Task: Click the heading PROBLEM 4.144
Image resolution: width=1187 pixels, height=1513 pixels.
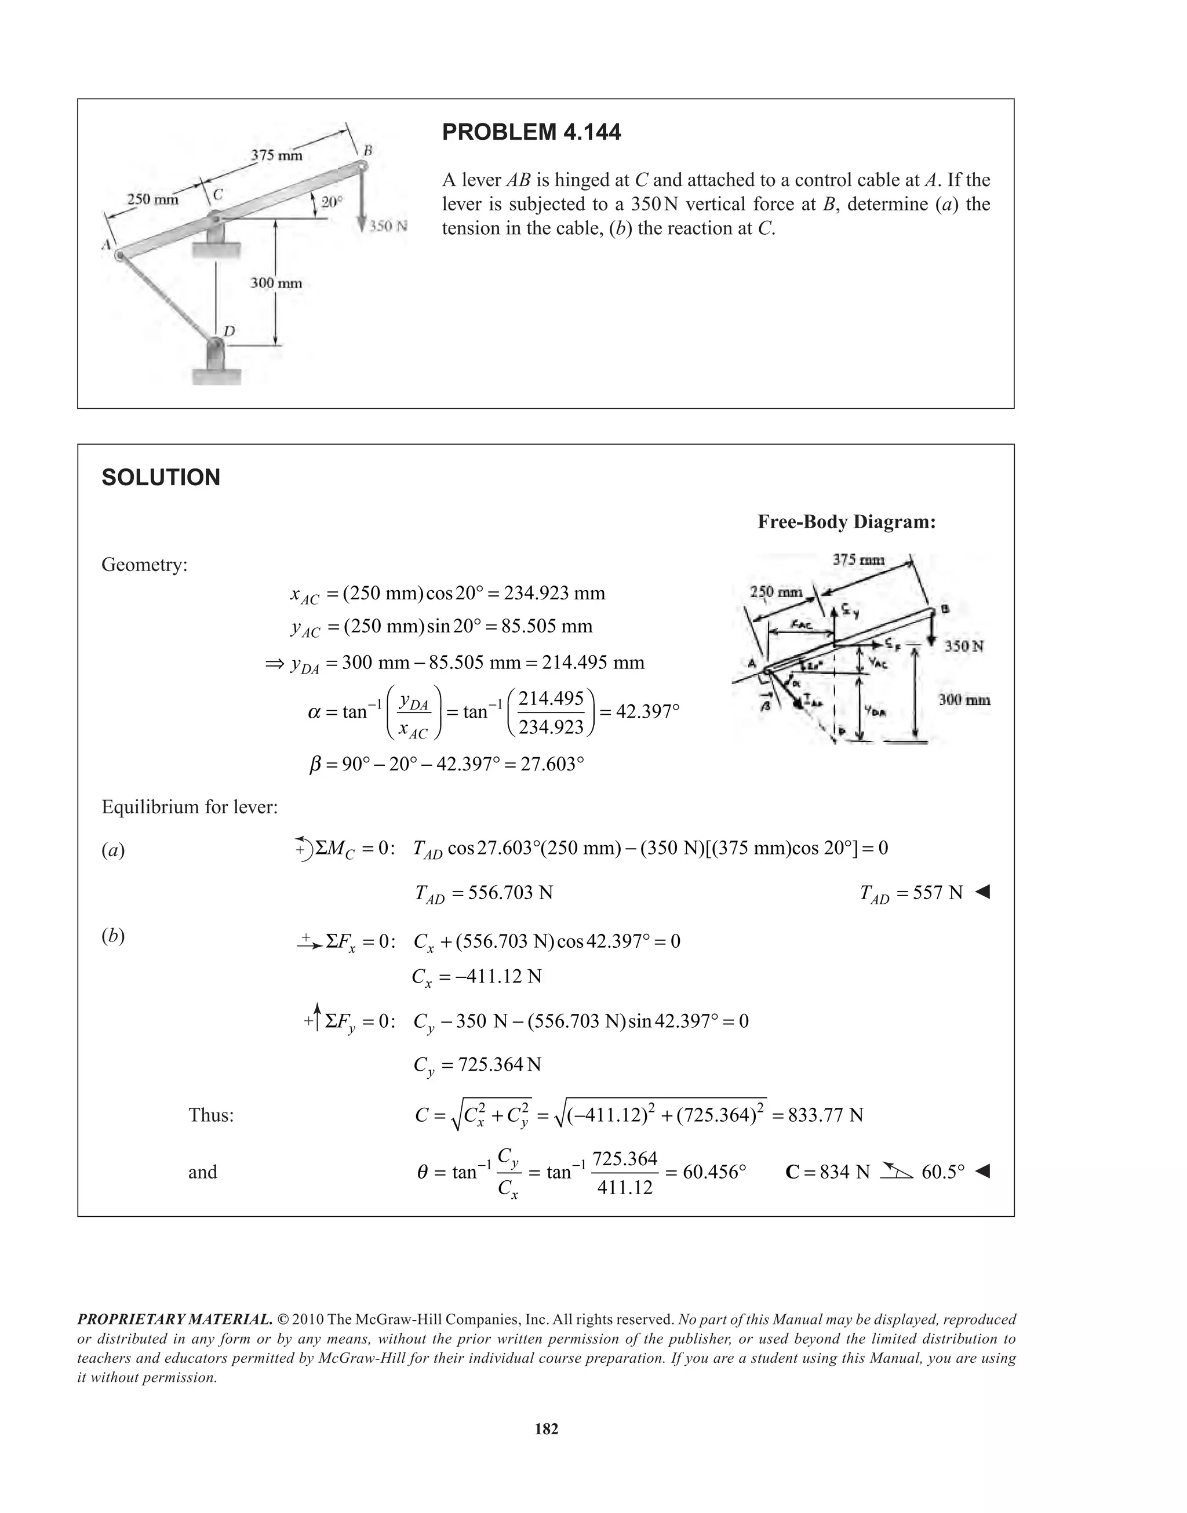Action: pos(531,132)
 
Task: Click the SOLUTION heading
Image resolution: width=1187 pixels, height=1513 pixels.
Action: pos(161,478)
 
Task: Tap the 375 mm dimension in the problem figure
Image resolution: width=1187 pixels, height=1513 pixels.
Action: pos(276,155)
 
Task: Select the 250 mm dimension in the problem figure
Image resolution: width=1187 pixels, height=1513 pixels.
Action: pos(152,199)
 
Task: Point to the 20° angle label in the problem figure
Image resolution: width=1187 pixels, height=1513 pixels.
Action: pos(332,202)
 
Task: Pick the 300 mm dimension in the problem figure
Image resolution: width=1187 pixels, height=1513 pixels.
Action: pos(276,283)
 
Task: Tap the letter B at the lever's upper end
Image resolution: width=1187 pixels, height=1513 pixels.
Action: pos(367,150)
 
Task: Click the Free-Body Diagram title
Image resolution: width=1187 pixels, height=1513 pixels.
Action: pos(846,522)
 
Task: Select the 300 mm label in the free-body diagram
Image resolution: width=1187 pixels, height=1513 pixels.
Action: pos(964,699)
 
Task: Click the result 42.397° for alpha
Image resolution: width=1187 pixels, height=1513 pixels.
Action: pos(647,712)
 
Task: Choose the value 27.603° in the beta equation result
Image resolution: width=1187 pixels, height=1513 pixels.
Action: pos(552,765)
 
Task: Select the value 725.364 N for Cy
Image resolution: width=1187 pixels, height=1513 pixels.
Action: pos(500,1065)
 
